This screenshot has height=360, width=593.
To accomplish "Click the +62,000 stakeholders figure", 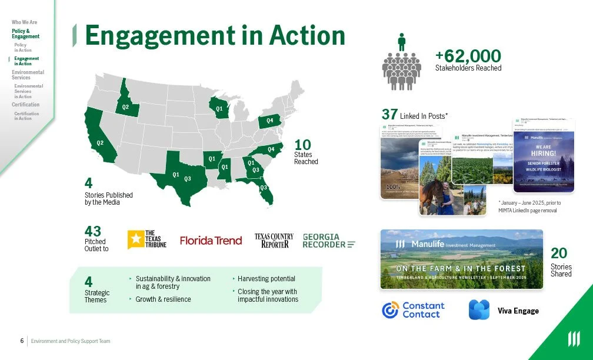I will (x=468, y=56).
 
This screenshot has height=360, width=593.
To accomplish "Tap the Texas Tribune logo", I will (x=147, y=239).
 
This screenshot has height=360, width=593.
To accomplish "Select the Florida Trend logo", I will (x=211, y=240).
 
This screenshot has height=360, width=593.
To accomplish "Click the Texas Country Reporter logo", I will (x=274, y=240).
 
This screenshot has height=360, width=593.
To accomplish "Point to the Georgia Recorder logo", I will (x=329, y=241).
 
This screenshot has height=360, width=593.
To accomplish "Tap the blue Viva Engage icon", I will (x=479, y=310).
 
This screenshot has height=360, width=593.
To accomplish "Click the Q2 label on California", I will (x=100, y=143).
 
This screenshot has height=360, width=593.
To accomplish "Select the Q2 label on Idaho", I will (x=125, y=107).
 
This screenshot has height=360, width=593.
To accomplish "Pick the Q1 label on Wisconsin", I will (x=219, y=109).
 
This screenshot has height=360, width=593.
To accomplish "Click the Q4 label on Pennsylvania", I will (x=270, y=121).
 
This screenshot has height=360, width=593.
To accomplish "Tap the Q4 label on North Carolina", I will (x=271, y=149).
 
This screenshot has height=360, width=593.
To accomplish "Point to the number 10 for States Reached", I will (x=302, y=145).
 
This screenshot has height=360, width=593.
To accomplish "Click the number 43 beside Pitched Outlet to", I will (x=93, y=231).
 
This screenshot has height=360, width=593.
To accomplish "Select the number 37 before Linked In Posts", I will (x=389, y=115).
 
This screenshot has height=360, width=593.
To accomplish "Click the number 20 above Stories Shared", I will (x=559, y=253).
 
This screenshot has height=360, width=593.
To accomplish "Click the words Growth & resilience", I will (x=163, y=299).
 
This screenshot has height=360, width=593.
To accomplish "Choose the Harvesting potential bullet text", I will (x=266, y=279).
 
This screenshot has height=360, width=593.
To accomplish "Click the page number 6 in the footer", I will (x=22, y=341).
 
